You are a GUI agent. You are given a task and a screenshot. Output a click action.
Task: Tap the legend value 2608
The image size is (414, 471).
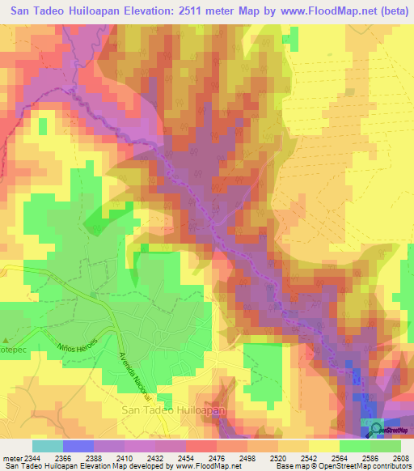pos(401,459)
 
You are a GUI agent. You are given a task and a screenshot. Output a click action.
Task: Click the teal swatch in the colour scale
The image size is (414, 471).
pos(47,446)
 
